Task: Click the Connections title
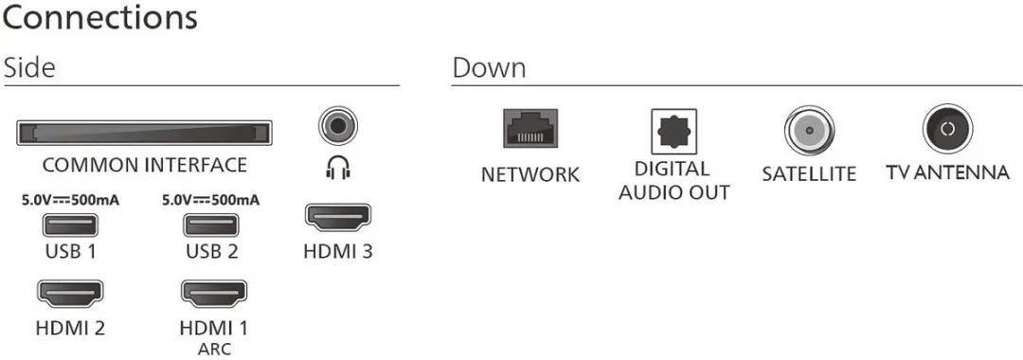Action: tap(99, 18)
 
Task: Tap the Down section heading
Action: tap(489, 68)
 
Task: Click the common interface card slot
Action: tap(144, 133)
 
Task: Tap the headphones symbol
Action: tap(338, 168)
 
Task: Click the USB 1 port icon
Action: tap(70, 225)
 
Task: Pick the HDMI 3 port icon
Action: tap(338, 219)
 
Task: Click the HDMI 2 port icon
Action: tap(70, 294)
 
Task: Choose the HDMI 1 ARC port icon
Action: tap(213, 294)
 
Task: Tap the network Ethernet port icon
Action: tap(530, 129)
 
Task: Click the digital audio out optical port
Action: tap(674, 131)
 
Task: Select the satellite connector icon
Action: tap(810, 130)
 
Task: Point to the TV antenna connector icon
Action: tap(948, 129)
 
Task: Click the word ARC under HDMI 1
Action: tap(214, 349)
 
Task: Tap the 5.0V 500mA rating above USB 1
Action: tap(70, 200)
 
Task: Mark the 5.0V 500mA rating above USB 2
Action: tap(210, 200)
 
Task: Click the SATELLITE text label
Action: tap(809, 174)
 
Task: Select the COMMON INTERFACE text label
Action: tap(145, 165)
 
